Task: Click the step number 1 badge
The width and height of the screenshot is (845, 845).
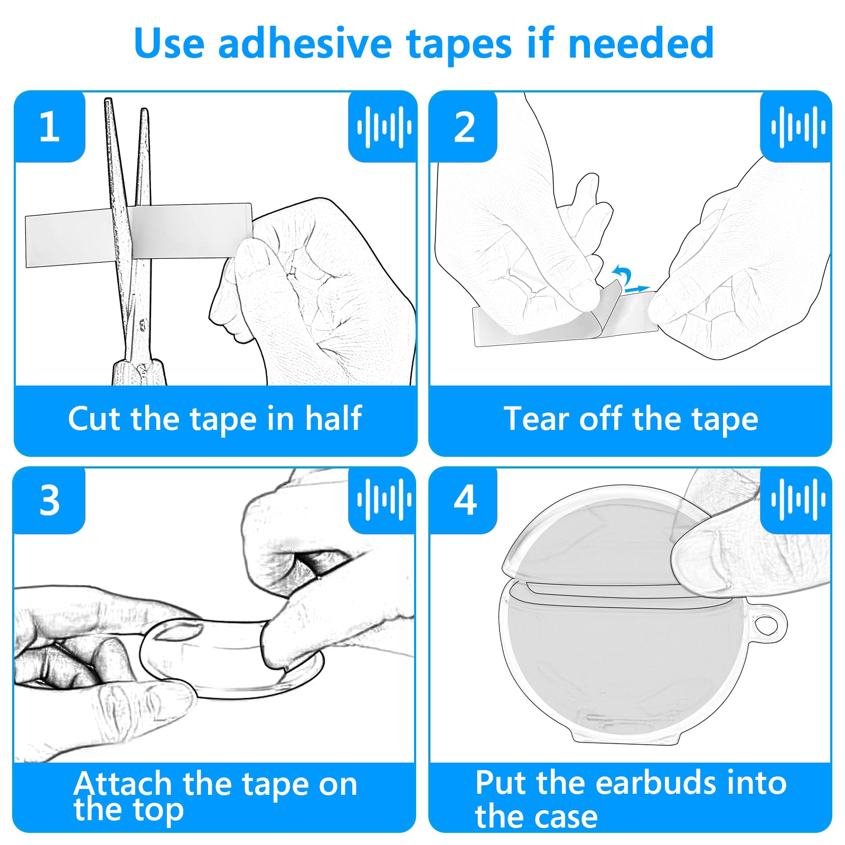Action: [x=50, y=127]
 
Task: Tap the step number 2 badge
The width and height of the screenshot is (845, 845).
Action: [x=464, y=127]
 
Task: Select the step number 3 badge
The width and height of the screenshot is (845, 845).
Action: [x=50, y=500]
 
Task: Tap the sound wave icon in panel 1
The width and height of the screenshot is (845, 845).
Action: [x=384, y=127]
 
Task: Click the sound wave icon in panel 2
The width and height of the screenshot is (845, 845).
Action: [x=798, y=127]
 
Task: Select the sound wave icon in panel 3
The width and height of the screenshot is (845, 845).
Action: [x=384, y=499]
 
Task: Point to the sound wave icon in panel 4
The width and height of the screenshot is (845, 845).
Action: [x=798, y=499]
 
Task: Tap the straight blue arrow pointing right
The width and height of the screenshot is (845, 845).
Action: [x=636, y=289]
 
